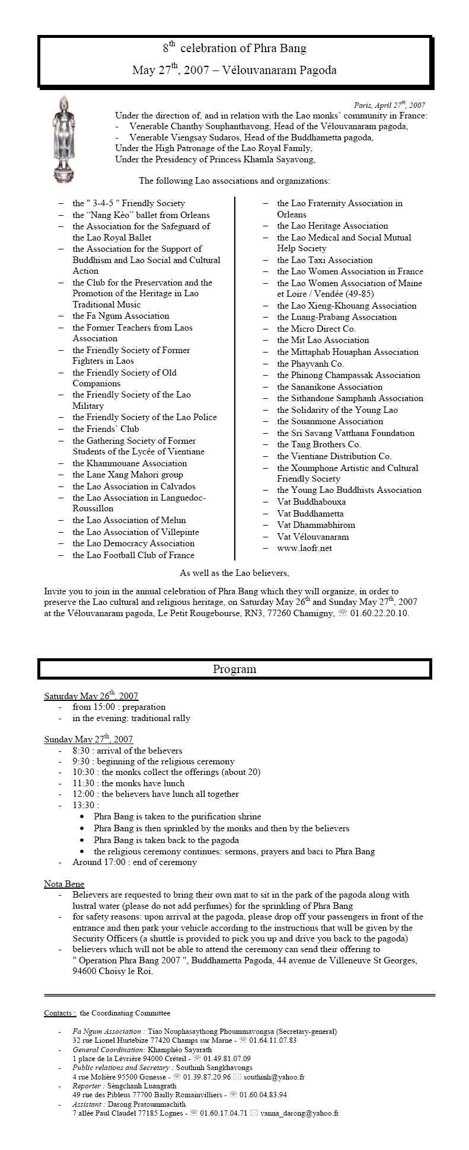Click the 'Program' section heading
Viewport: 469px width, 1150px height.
(x=234, y=669)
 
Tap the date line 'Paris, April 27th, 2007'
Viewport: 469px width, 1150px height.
(x=389, y=105)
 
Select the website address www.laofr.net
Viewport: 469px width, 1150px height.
(x=304, y=548)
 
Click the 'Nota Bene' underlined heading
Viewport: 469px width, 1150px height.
(x=64, y=884)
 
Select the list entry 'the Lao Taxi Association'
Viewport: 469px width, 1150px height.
(x=325, y=260)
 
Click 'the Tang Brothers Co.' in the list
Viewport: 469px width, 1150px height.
(x=319, y=444)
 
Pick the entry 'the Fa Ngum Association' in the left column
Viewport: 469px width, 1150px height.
(x=121, y=316)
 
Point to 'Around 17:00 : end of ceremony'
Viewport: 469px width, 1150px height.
(x=135, y=862)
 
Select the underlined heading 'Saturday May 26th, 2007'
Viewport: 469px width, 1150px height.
(x=91, y=696)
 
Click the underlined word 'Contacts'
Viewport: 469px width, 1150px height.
(x=59, y=1013)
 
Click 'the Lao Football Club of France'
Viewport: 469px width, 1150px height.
(x=133, y=555)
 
